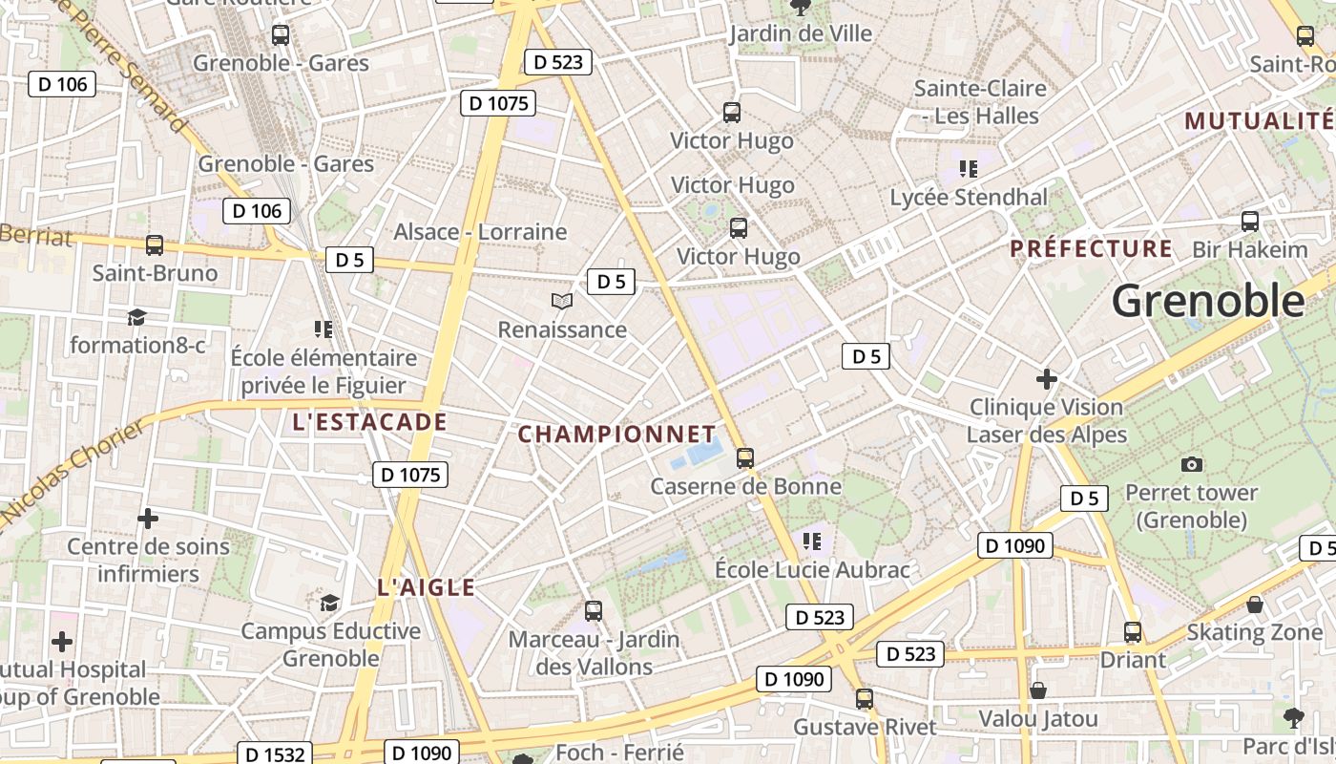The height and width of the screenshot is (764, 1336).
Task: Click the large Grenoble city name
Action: click(1207, 301)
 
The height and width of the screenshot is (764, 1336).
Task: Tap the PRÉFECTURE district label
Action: click(1091, 249)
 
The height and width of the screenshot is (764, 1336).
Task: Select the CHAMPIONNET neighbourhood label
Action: click(616, 435)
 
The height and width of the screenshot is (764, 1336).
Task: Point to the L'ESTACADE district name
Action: click(369, 422)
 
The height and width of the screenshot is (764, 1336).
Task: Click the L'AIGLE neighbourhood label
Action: click(426, 587)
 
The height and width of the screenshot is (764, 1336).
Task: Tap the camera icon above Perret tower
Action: click(1191, 464)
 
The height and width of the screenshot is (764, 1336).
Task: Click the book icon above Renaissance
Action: click(562, 302)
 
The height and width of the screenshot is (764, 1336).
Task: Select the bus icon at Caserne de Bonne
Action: click(745, 458)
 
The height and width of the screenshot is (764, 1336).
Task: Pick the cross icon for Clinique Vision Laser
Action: click(1046, 379)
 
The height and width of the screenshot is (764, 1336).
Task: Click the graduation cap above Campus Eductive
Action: click(329, 603)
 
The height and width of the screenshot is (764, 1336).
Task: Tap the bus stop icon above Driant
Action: click(1133, 632)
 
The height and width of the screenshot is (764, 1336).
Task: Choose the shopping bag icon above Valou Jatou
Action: click(1038, 690)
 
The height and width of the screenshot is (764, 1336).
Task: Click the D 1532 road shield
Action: click(275, 754)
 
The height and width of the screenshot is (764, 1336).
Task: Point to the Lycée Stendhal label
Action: click(968, 198)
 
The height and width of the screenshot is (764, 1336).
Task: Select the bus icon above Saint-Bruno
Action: click(154, 245)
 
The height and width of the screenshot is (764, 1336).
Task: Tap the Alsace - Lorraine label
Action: click(480, 232)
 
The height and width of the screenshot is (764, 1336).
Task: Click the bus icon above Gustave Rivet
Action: click(864, 699)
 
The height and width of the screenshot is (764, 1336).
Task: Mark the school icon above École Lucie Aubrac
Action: click(811, 541)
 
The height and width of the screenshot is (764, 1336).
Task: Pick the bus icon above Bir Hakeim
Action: click(1249, 222)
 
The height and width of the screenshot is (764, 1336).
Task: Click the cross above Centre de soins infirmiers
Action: click(148, 519)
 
